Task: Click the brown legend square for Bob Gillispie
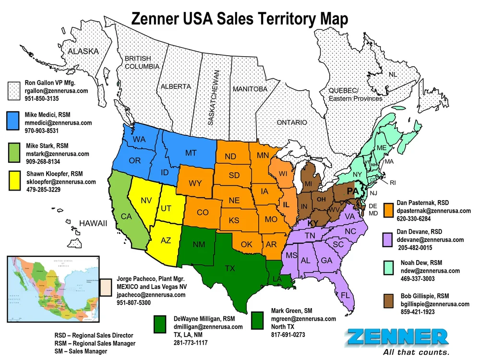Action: (390, 302)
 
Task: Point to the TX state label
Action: (230, 268)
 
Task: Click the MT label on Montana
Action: (191, 153)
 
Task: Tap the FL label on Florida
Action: (346, 295)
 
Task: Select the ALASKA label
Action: (83, 51)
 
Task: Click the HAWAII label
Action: (93, 224)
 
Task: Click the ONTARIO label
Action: (291, 123)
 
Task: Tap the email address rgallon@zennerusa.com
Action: (56, 91)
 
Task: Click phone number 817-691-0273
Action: (288, 335)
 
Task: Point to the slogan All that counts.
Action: (416, 352)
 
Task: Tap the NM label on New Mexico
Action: (199, 245)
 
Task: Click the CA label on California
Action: (126, 216)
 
